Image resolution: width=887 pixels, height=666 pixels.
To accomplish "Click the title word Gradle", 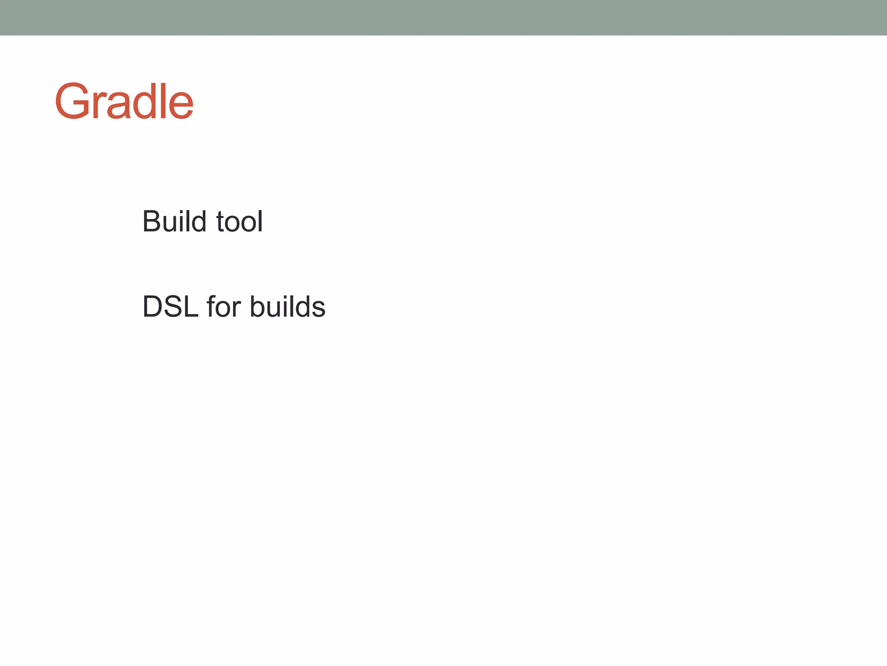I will tap(124, 101).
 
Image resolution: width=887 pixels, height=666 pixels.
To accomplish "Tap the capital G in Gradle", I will tap(71, 101).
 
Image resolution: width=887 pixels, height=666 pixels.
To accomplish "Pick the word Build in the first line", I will tap(174, 222).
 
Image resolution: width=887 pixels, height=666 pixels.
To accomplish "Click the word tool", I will tap(239, 222).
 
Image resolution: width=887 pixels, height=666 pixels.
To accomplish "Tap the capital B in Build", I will tap(152, 222).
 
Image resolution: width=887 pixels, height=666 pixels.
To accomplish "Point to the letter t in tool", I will tap(220, 222).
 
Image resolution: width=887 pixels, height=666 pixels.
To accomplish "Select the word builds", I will tap(288, 307).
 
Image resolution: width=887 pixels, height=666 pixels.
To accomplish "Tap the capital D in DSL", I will tap(152, 307).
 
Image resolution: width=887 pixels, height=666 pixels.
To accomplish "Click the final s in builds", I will tap(318, 310).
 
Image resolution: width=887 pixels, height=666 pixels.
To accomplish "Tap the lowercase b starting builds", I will tap(258, 307).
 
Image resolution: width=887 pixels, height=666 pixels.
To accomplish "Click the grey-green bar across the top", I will tap(443, 17).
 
